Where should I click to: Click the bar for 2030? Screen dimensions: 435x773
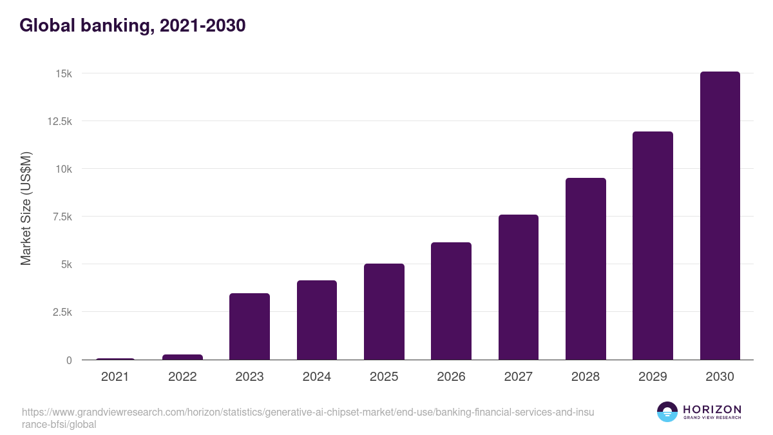[720, 216]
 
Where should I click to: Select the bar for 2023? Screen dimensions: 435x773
[249, 327]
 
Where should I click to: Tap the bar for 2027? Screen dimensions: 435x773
[518, 287]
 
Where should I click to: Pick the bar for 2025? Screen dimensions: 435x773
[384, 312]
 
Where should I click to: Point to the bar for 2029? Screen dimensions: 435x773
[653, 246]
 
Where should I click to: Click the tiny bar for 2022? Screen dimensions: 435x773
[182, 357]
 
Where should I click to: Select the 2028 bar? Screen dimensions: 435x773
[586, 269]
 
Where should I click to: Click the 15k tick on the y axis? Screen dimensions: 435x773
[63, 73]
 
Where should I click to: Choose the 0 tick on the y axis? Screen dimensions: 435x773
[68, 360]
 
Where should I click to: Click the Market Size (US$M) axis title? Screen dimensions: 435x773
[26, 209]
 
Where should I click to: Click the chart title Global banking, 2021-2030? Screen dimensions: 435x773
[132, 26]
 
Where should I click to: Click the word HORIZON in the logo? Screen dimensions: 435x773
[712, 409]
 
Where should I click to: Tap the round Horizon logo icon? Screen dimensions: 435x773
[667, 412]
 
